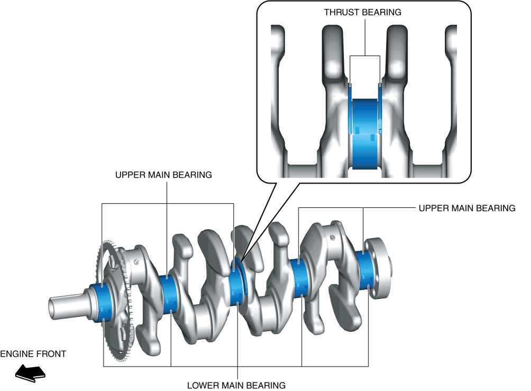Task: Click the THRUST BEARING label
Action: [363, 12]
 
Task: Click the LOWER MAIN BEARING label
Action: [236, 385]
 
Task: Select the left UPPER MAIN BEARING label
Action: [163, 175]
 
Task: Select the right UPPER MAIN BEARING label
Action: [466, 208]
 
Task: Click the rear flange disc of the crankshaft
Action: [382, 267]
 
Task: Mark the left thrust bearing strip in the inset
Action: [350, 106]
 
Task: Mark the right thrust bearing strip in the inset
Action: [381, 106]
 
